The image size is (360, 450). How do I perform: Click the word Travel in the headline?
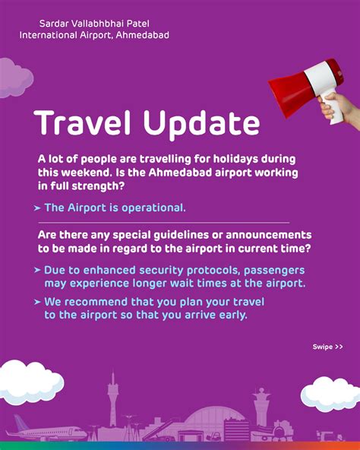click(x=82, y=123)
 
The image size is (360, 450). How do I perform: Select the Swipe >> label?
click(x=327, y=347)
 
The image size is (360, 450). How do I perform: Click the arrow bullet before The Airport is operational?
click(x=38, y=208)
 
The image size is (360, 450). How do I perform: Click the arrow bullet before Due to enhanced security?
click(x=38, y=270)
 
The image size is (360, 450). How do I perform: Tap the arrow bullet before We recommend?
click(x=38, y=302)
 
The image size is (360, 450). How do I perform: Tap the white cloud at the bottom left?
click(x=30, y=380)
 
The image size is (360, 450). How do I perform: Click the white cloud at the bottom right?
click(x=330, y=393)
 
